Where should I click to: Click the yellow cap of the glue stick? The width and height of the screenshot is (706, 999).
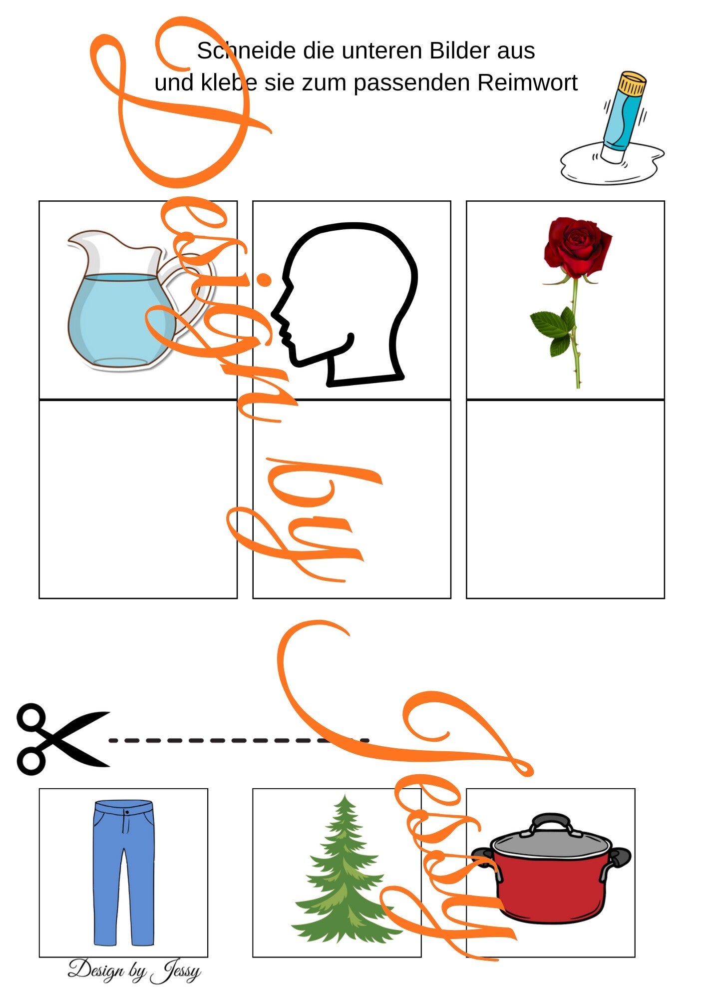632,83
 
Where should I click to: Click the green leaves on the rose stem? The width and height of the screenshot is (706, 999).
553,330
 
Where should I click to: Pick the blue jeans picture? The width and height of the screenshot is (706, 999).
124,873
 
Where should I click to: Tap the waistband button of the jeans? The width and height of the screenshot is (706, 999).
127,813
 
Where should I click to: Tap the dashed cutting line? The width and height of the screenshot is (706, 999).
239,740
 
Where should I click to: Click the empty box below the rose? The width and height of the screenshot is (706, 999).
565,499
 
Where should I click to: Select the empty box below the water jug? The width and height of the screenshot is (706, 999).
138,499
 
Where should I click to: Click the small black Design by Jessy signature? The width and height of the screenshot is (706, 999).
134,971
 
